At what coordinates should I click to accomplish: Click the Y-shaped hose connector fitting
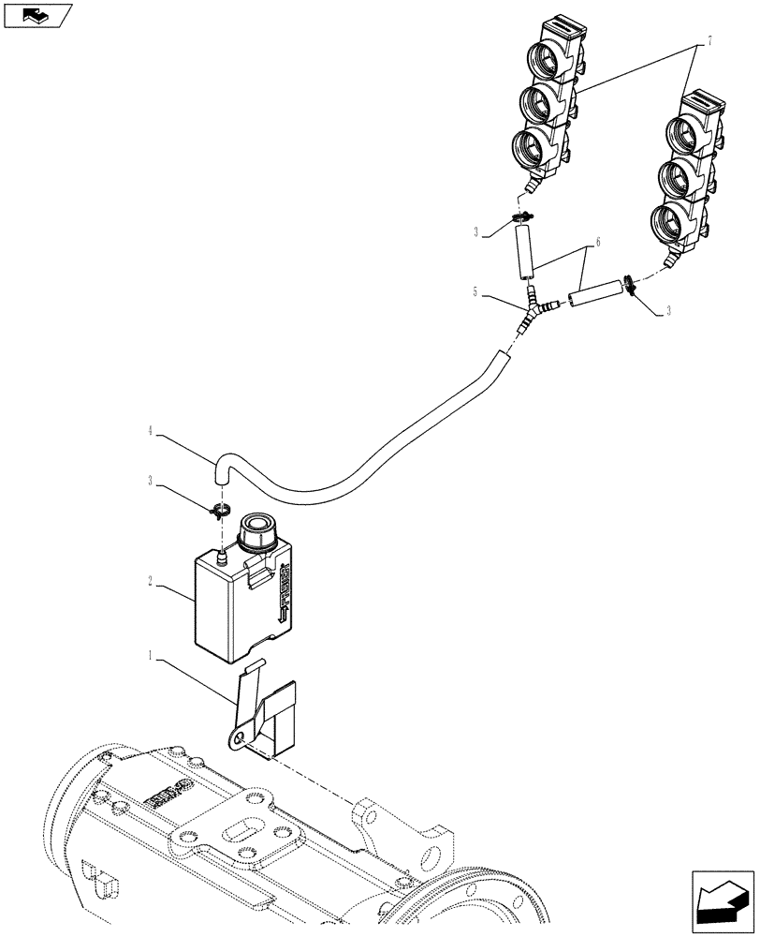click(534, 310)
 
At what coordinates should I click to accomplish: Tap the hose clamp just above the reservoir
click(221, 511)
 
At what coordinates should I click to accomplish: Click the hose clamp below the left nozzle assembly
click(523, 220)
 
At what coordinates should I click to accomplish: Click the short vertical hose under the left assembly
click(523, 254)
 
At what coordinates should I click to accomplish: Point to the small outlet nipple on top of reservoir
click(223, 558)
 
